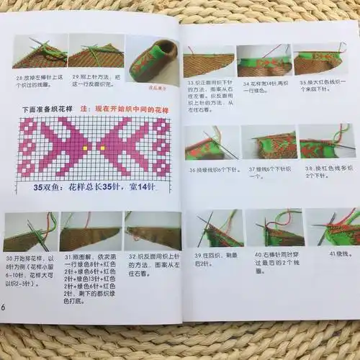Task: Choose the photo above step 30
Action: [x=30, y=232]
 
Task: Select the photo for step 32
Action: [x=153, y=230]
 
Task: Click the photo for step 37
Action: [x=268, y=143]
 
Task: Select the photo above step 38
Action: [x=326, y=142]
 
